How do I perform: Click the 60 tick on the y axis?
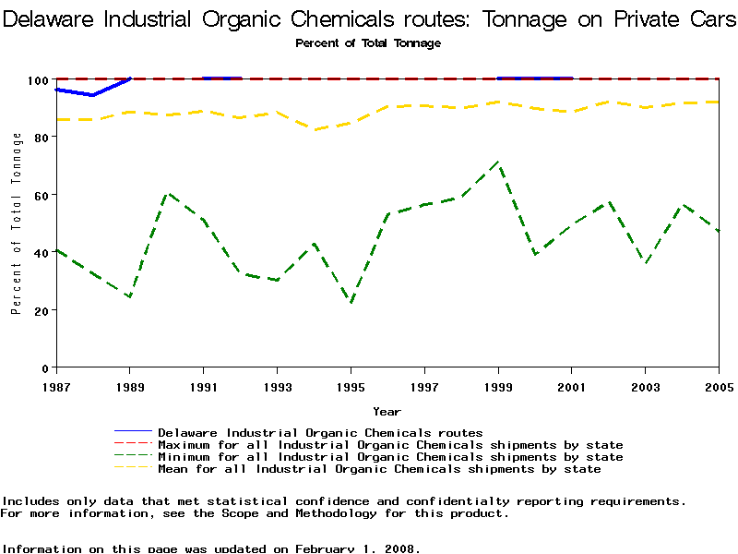tap(41, 195)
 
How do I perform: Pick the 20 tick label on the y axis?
tap(41, 310)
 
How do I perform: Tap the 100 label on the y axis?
tap(37, 80)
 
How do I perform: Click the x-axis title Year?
tap(387, 411)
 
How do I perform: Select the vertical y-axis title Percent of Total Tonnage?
tap(17, 223)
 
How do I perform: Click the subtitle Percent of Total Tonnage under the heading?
tap(368, 43)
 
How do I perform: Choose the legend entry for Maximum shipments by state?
tap(390, 444)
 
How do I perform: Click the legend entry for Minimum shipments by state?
tap(390, 456)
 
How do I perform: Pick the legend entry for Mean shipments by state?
tap(379, 468)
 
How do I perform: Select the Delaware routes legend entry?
tap(320, 432)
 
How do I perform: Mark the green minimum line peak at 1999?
tap(498, 163)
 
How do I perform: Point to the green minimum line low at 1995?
tap(351, 302)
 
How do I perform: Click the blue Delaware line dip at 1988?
tap(92, 95)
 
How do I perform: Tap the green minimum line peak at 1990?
tap(167, 194)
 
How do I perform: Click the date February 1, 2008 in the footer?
tap(357, 548)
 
